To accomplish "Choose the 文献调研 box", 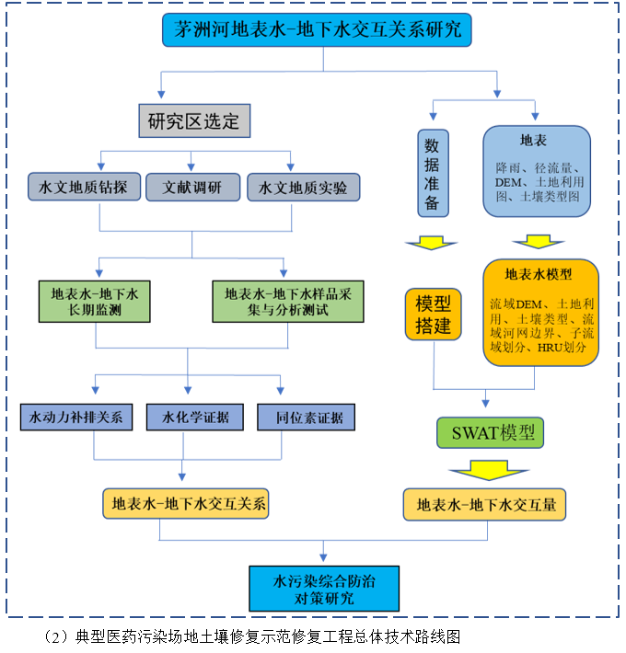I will click(x=191, y=188).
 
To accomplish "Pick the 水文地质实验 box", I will click(x=303, y=188).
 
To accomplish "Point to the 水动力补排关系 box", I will click(x=76, y=418).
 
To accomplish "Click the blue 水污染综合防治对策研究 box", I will click(x=324, y=589).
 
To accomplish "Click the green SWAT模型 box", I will click(x=491, y=432).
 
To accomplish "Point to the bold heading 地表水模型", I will click(x=539, y=274).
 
